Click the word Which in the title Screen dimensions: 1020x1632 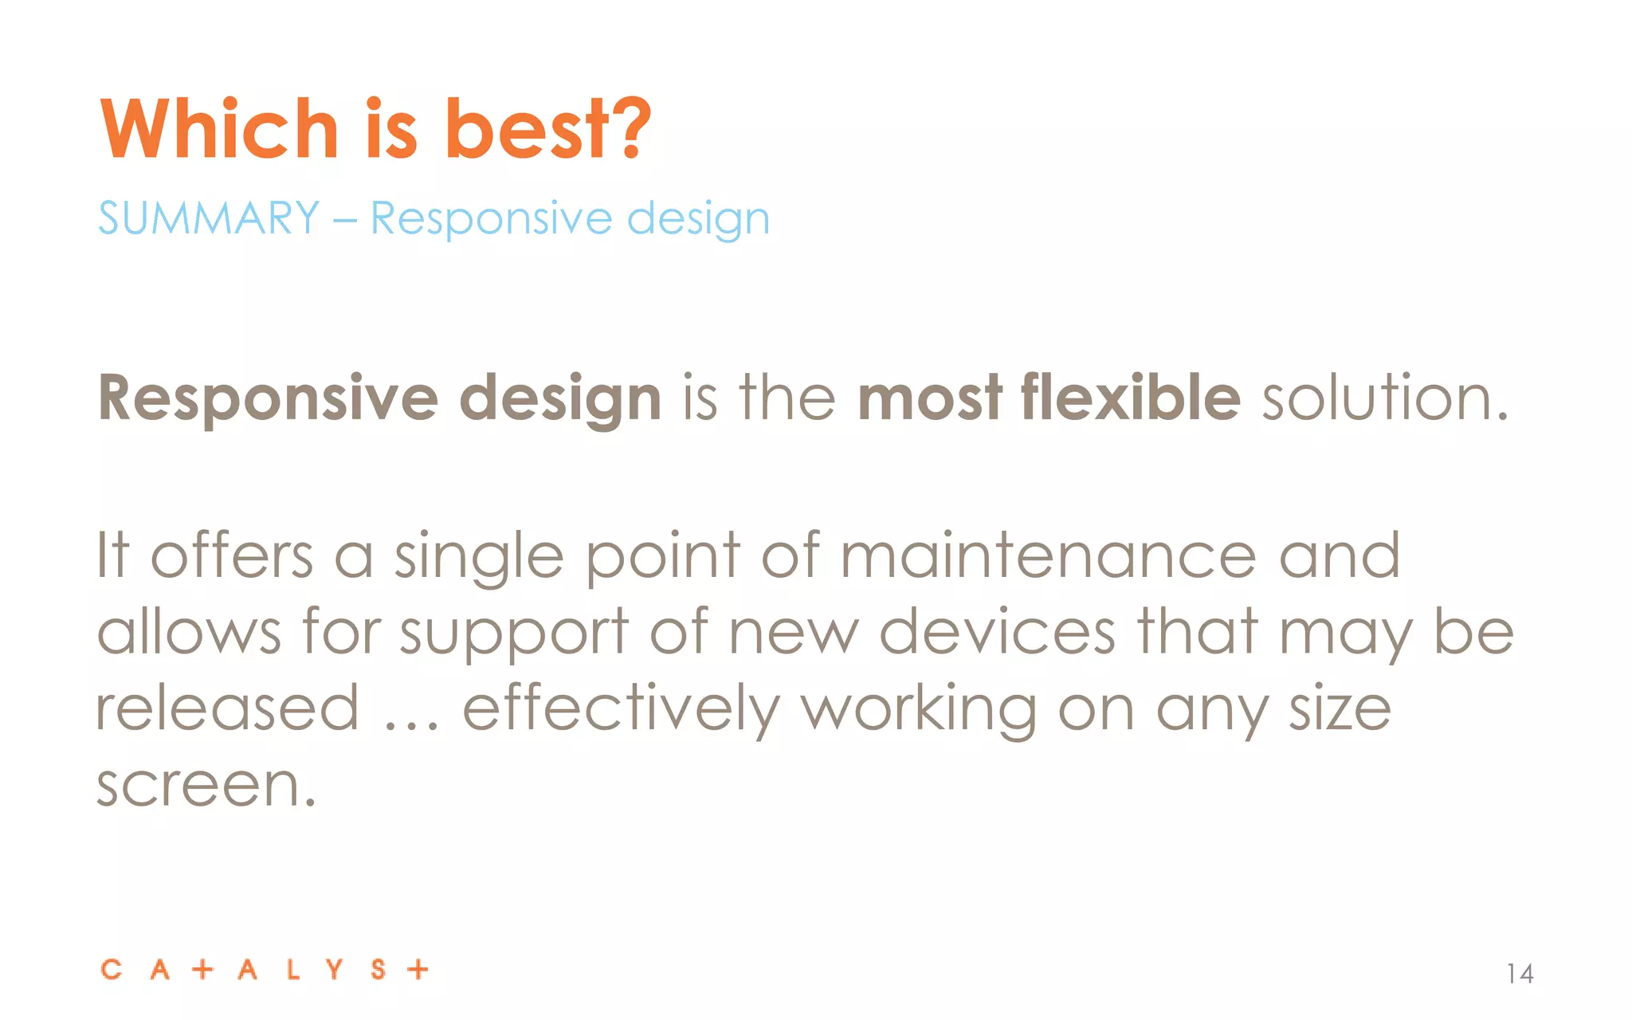[219, 129]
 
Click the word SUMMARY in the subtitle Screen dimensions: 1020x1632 [209, 218]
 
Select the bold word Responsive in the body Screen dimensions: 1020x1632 [268, 398]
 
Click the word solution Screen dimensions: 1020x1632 [1384, 398]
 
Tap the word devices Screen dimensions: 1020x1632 [996, 632]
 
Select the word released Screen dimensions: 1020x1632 [228, 708]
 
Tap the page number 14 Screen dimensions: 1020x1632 [1520, 973]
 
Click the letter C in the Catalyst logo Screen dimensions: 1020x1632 [112, 970]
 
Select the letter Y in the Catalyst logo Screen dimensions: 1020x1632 [334, 970]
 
